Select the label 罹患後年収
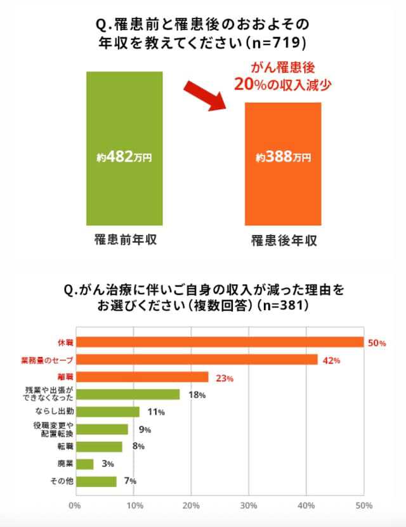(284, 241)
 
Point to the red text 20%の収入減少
(283, 84)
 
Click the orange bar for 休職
(219, 342)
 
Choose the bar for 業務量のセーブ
(197, 360)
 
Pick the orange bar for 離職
(142, 377)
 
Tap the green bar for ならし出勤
(107, 412)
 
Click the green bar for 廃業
(84, 464)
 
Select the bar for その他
(96, 481)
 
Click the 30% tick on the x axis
(249, 506)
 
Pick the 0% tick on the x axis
(75, 506)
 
